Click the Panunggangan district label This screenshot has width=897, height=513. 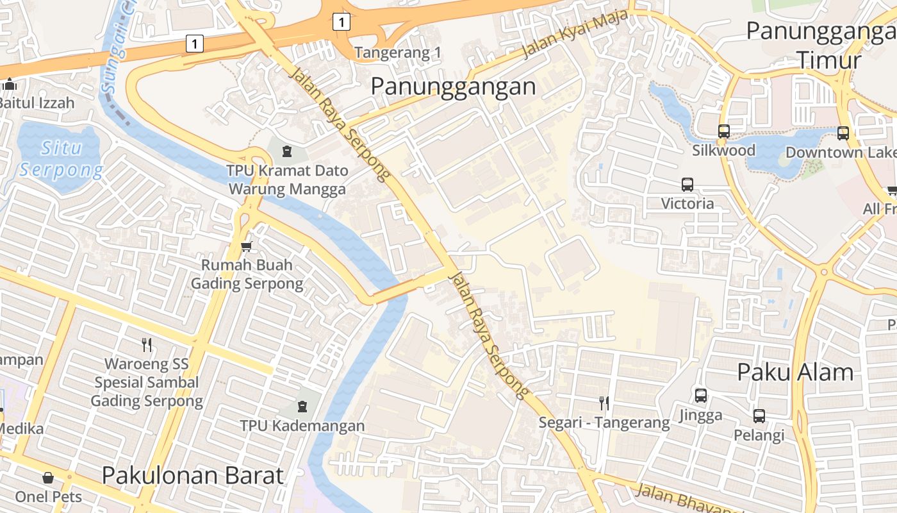click(x=453, y=86)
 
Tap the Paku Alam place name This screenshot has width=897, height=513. click(x=795, y=372)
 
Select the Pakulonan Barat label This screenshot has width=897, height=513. click(x=192, y=475)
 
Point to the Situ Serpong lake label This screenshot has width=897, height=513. click(x=61, y=159)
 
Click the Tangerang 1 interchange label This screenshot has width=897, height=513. click(x=398, y=53)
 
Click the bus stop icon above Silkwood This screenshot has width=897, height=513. click(x=723, y=131)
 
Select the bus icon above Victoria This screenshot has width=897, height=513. click(x=687, y=185)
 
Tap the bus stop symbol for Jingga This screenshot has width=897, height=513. click(x=701, y=396)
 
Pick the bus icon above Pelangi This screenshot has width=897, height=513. click(x=759, y=416)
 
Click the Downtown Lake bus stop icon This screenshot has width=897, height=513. click(x=843, y=133)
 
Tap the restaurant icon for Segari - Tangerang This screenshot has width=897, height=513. click(x=604, y=403)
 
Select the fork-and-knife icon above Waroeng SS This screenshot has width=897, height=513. click(x=147, y=345)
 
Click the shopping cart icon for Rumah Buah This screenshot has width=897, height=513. click(x=247, y=246)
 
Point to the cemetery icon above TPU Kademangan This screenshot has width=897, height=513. click(x=302, y=407)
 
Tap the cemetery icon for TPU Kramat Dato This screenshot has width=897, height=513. click(x=287, y=151)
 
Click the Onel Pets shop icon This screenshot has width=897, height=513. click(x=48, y=478)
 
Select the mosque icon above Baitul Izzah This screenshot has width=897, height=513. click(x=10, y=84)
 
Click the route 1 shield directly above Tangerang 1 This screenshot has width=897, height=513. click(x=342, y=22)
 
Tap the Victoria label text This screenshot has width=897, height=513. click(x=687, y=203)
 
